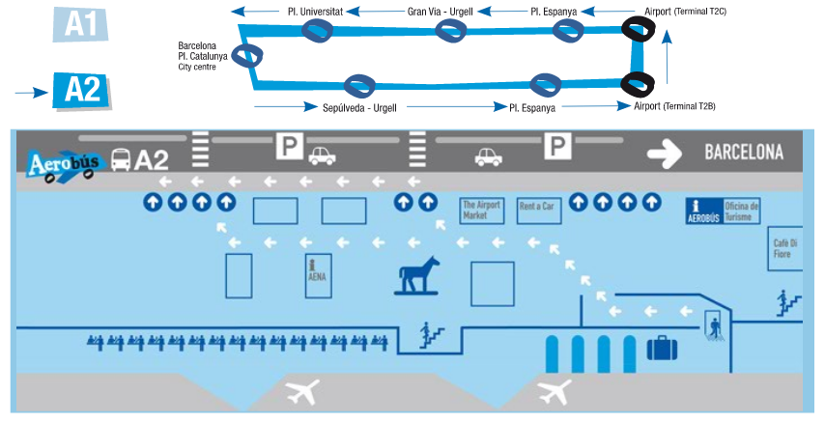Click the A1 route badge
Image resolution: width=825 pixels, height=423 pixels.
coord(79,24)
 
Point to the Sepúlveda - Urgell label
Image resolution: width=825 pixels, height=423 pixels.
coord(360,108)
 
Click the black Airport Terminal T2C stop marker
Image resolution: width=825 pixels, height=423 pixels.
coord(637,29)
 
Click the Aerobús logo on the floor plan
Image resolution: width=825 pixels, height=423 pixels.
coord(63,159)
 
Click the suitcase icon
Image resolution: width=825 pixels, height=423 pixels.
coord(662,347)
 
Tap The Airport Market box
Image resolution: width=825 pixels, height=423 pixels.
coord(482,210)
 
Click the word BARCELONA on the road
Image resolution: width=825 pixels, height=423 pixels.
coord(743,153)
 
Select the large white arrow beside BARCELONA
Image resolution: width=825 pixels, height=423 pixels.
coord(666,152)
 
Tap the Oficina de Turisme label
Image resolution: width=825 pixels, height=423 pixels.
coord(742,211)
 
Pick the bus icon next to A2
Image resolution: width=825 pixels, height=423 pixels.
coord(122,159)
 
